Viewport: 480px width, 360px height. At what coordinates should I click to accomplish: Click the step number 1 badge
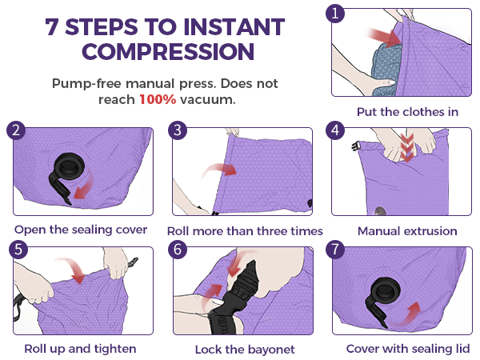[x=335, y=14]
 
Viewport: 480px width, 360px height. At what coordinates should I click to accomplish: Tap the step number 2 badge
[x=16, y=130]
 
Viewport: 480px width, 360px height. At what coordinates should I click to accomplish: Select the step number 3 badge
[x=178, y=130]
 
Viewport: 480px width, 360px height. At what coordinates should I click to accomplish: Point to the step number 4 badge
[x=335, y=130]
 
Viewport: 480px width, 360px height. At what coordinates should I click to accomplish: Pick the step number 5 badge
[x=18, y=250]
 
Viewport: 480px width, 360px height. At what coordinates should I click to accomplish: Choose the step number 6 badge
[x=178, y=250]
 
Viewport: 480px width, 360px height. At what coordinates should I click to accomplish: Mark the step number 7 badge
[x=335, y=250]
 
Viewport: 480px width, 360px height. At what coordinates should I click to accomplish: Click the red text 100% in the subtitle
[x=158, y=99]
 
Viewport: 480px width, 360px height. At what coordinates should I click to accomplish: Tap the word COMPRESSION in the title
[x=168, y=51]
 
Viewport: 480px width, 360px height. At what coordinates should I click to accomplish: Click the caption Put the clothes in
[x=407, y=112]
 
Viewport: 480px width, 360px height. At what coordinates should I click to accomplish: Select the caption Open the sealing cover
[x=81, y=230]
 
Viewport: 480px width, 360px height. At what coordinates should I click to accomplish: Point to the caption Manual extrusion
[x=407, y=231]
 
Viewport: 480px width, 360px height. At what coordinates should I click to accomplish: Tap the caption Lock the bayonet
[x=245, y=350]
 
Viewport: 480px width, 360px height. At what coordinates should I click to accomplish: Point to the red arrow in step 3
[x=219, y=171]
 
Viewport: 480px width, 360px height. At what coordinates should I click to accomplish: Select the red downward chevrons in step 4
[x=407, y=148]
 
